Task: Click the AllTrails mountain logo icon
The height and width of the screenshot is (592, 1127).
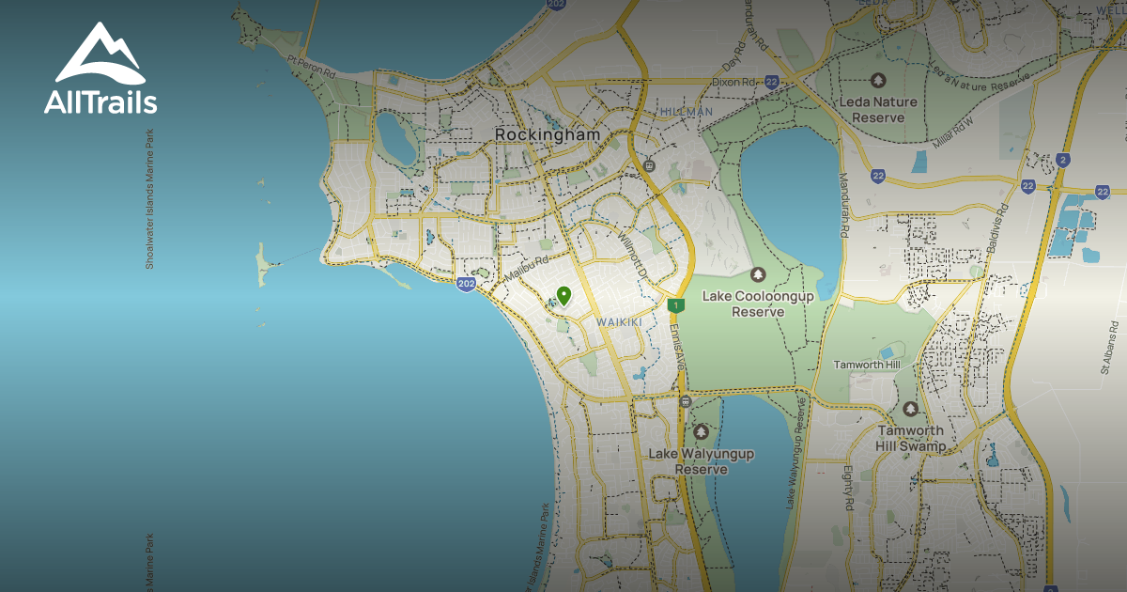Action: pos(99,54)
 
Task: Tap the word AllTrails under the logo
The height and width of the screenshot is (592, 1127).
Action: pos(100,102)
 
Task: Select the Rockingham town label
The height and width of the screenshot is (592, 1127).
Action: pos(547,135)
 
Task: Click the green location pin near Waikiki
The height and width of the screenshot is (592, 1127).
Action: pos(563,296)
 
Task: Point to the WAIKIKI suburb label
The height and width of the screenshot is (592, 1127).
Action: pos(619,322)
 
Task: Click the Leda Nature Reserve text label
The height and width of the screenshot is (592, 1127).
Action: pos(877,110)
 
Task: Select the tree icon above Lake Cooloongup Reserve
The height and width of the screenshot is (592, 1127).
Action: pos(758,274)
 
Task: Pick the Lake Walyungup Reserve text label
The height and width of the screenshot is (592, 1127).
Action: pos(701,461)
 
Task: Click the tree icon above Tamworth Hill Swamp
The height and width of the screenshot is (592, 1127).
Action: pos(909,410)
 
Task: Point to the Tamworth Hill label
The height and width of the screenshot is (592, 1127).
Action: pos(866,365)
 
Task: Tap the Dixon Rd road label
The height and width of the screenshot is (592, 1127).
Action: pos(733,82)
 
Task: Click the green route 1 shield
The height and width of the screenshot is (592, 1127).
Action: pos(675,305)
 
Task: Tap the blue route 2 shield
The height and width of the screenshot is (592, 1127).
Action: pos(1062,160)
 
